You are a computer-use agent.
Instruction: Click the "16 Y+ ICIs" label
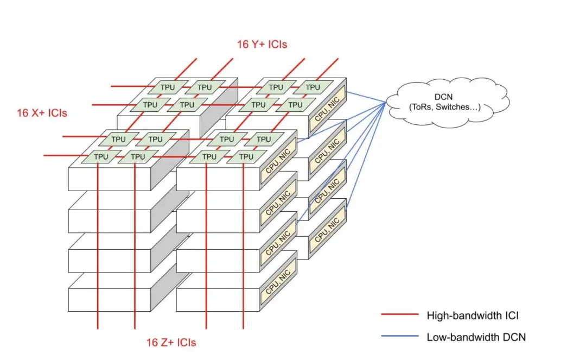[262, 45]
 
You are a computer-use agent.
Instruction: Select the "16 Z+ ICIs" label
[171, 343]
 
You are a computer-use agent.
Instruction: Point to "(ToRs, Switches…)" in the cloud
[444, 108]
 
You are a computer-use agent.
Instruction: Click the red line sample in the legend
[400, 314]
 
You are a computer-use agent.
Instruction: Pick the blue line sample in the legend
[400, 337]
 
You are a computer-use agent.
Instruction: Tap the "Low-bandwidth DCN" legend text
[476, 337]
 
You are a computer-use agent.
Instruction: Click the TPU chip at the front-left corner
[101, 156]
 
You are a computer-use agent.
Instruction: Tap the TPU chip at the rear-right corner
[313, 87]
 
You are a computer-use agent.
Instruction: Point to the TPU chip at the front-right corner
[246, 156]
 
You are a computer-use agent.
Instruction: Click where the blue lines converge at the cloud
[386, 103]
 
